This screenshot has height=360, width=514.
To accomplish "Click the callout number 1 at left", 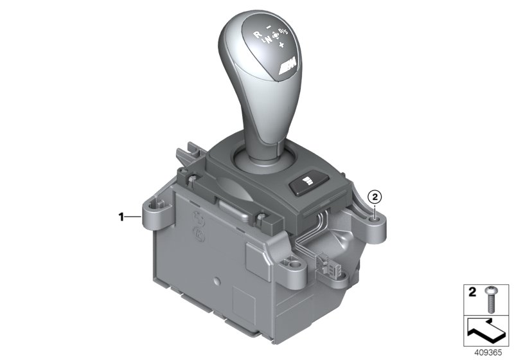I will point(121,217).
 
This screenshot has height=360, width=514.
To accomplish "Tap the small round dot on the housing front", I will point(218,282).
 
